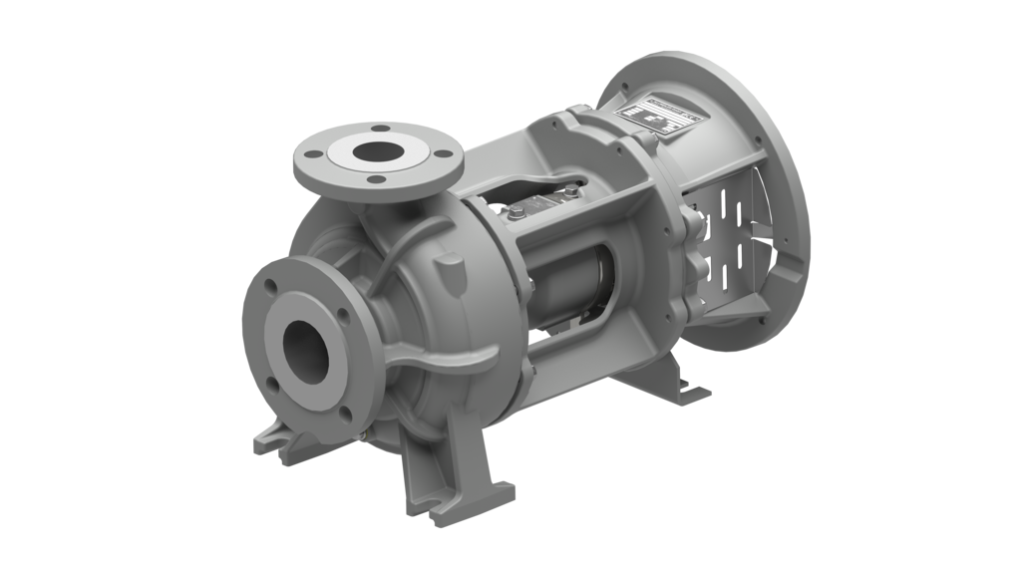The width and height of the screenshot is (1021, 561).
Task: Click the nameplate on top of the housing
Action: point(659,116)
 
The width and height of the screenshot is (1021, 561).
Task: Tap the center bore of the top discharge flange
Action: point(375,152)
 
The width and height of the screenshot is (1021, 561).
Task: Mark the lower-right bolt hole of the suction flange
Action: point(344,411)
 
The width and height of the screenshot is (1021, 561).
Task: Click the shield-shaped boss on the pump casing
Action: point(451,271)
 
